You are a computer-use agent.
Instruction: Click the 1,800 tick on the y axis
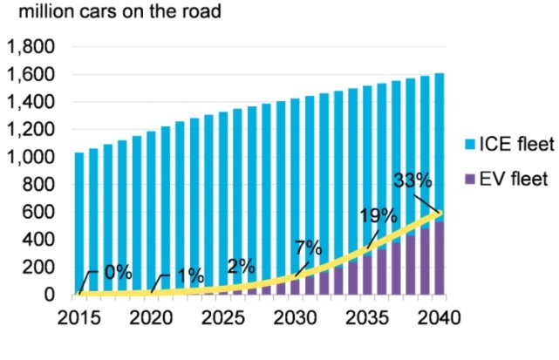point(31,47)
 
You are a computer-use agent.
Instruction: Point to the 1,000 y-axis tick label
point(31,158)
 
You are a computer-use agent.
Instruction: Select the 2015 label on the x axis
point(79,317)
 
